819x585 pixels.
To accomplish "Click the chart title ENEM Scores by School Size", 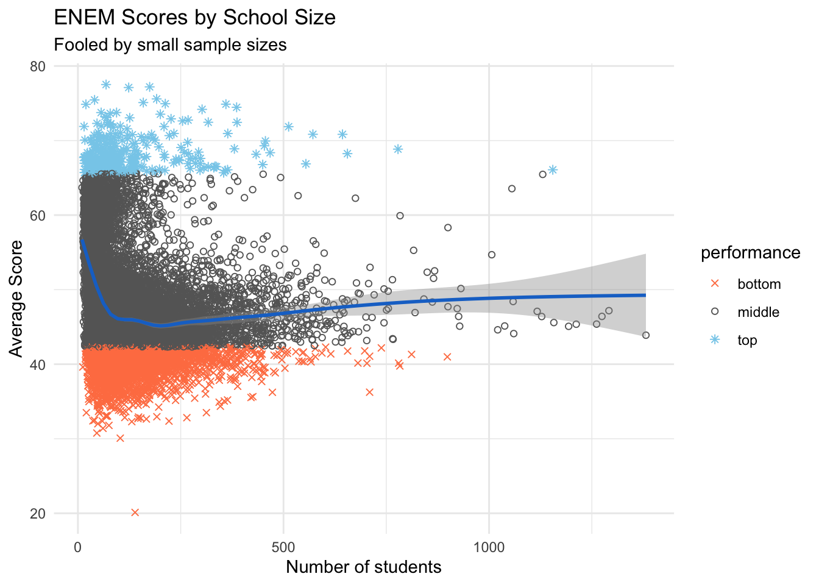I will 195,17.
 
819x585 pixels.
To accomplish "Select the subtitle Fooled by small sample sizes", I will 170,45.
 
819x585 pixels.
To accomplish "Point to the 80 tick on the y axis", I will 38,66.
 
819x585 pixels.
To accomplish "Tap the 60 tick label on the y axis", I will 38,215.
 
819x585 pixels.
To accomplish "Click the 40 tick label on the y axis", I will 38,364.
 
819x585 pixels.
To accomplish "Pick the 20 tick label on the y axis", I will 38,514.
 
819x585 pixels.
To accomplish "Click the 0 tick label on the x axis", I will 78,547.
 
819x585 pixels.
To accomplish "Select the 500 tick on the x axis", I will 283,547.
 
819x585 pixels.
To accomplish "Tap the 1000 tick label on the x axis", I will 489,547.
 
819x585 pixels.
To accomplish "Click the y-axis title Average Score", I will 16,298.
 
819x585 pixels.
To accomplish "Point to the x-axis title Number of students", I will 363,567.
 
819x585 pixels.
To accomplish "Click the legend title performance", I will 750,252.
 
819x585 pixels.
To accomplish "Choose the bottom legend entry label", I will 759,284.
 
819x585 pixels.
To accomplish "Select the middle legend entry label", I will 758,312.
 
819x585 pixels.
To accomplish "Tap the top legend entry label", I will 747,340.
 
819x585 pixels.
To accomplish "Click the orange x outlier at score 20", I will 135,512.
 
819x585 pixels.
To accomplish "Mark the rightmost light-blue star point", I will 553,170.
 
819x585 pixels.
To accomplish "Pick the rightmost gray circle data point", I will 646,335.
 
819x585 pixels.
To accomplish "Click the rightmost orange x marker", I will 447,356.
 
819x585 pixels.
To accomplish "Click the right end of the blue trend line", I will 645,295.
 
